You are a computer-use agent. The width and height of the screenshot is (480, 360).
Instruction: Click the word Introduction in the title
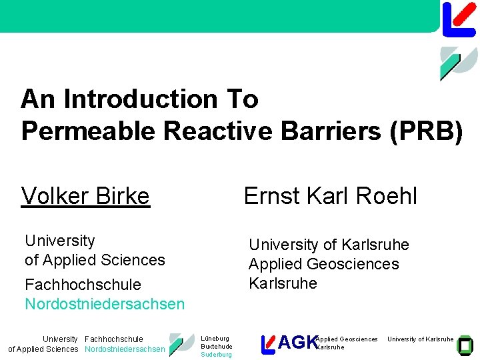(141, 99)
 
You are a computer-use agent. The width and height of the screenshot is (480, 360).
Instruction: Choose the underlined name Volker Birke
(85, 196)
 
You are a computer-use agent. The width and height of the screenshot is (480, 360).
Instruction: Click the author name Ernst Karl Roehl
(330, 196)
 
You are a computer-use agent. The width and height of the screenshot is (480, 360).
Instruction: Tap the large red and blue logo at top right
(459, 19)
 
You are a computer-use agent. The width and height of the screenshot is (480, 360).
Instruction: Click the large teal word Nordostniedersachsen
(105, 304)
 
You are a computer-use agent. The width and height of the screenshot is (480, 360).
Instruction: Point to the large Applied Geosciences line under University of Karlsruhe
(323, 264)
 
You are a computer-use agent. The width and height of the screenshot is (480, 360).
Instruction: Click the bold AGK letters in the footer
(297, 343)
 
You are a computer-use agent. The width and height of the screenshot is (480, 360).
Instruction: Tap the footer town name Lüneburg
(215, 339)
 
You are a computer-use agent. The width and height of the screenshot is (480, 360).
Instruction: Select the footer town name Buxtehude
(217, 347)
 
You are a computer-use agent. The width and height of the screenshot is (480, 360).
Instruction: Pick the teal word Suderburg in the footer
(216, 355)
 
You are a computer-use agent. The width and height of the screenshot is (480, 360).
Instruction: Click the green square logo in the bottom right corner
(465, 343)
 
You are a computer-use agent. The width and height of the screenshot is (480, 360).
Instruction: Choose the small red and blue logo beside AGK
(268, 343)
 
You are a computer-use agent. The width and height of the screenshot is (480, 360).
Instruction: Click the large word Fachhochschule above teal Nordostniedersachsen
(83, 285)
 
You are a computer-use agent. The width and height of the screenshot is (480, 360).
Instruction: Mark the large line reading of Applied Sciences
(95, 260)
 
